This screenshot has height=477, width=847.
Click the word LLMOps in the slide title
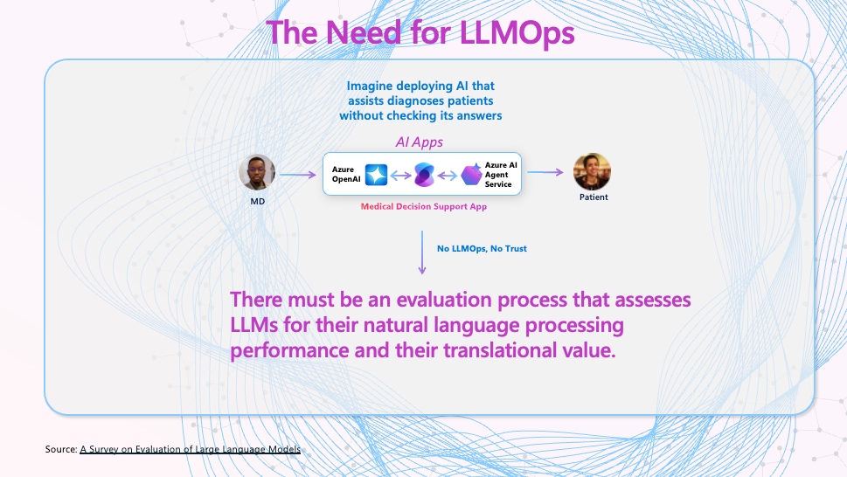tap(517, 33)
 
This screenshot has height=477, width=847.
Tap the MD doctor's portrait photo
tap(257, 173)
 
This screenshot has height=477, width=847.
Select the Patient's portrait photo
tap(592, 171)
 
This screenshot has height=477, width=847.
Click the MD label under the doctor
tap(258, 201)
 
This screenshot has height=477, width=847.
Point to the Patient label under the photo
tap(594, 197)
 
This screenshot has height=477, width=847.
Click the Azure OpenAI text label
tap(346, 175)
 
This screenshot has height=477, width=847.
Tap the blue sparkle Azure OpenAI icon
tap(377, 175)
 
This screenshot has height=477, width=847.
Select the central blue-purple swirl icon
tap(424, 175)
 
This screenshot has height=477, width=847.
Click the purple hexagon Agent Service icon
tap(472, 175)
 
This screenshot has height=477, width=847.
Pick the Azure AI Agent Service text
tap(501, 175)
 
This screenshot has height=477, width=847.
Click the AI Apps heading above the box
tap(420, 142)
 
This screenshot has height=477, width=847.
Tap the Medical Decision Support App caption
tap(424, 207)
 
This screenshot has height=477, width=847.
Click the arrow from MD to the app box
tap(298, 175)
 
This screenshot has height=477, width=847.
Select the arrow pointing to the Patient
tap(545, 172)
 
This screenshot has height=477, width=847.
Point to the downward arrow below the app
tap(422, 252)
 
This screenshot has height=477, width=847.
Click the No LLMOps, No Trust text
tap(482, 249)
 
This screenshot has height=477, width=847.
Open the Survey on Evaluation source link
tap(191, 449)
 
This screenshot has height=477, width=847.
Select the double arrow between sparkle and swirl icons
tap(401, 176)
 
